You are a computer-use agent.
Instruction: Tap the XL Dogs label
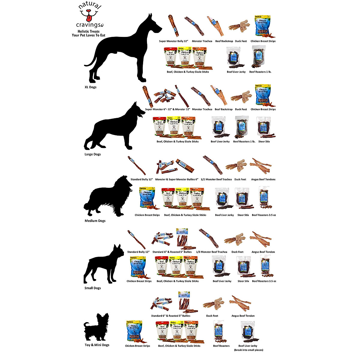coord(90,87)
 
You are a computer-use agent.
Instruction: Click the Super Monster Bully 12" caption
coord(173,41)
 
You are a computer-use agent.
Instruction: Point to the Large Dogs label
coord(92,154)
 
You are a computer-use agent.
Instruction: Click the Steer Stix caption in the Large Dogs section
coord(264,142)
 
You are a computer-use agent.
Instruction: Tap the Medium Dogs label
coord(95,221)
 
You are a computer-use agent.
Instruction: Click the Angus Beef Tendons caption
coord(263,179)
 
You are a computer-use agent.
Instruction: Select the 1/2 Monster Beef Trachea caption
coord(216,179)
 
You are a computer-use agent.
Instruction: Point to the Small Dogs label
coord(92,288)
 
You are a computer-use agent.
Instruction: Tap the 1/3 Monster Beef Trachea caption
coord(211,252)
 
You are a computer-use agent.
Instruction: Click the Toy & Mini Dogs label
coord(97,345)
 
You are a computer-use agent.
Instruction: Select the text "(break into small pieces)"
coord(248,350)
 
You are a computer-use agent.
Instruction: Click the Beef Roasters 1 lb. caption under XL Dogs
coord(260,72)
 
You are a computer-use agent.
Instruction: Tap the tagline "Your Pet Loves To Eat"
coord(88,35)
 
